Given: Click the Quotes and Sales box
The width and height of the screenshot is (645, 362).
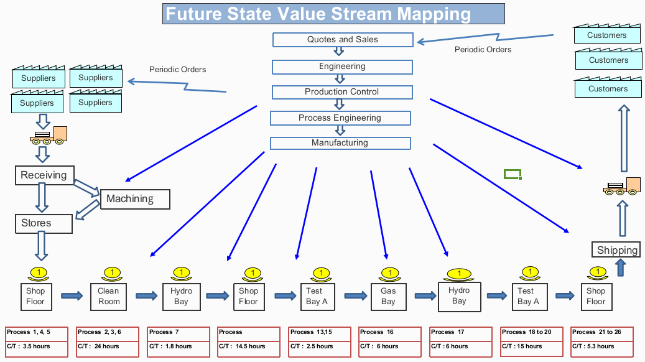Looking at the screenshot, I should click(x=342, y=40).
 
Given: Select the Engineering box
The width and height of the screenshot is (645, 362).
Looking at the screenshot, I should click(x=342, y=67).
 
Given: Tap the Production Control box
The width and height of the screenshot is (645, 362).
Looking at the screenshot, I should click(x=341, y=92).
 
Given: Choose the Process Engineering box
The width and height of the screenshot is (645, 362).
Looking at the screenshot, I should click(x=340, y=118).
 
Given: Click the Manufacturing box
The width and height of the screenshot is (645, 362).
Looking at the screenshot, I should click(x=340, y=143).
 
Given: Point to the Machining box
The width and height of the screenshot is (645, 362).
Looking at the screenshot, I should click(x=134, y=199).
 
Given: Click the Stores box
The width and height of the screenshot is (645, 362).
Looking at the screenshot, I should click(x=43, y=223).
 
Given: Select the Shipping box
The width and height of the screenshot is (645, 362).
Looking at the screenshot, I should click(x=617, y=250).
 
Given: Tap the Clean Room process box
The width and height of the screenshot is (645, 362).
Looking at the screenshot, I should click(x=108, y=296).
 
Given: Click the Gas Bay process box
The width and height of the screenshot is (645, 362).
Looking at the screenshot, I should click(x=388, y=296).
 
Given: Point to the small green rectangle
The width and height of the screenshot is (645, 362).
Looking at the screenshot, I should click(x=512, y=174).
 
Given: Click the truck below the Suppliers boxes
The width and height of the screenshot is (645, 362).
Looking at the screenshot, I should click(x=49, y=136).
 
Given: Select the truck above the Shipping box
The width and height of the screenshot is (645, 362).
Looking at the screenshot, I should click(x=621, y=186).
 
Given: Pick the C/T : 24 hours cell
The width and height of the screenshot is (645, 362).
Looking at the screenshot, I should click(x=108, y=346).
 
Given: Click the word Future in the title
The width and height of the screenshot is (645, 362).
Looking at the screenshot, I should click(x=193, y=13).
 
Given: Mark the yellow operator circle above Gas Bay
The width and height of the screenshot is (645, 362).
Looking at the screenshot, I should click(x=389, y=272).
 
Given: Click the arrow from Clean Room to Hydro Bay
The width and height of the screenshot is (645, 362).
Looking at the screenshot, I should click(x=146, y=295).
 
